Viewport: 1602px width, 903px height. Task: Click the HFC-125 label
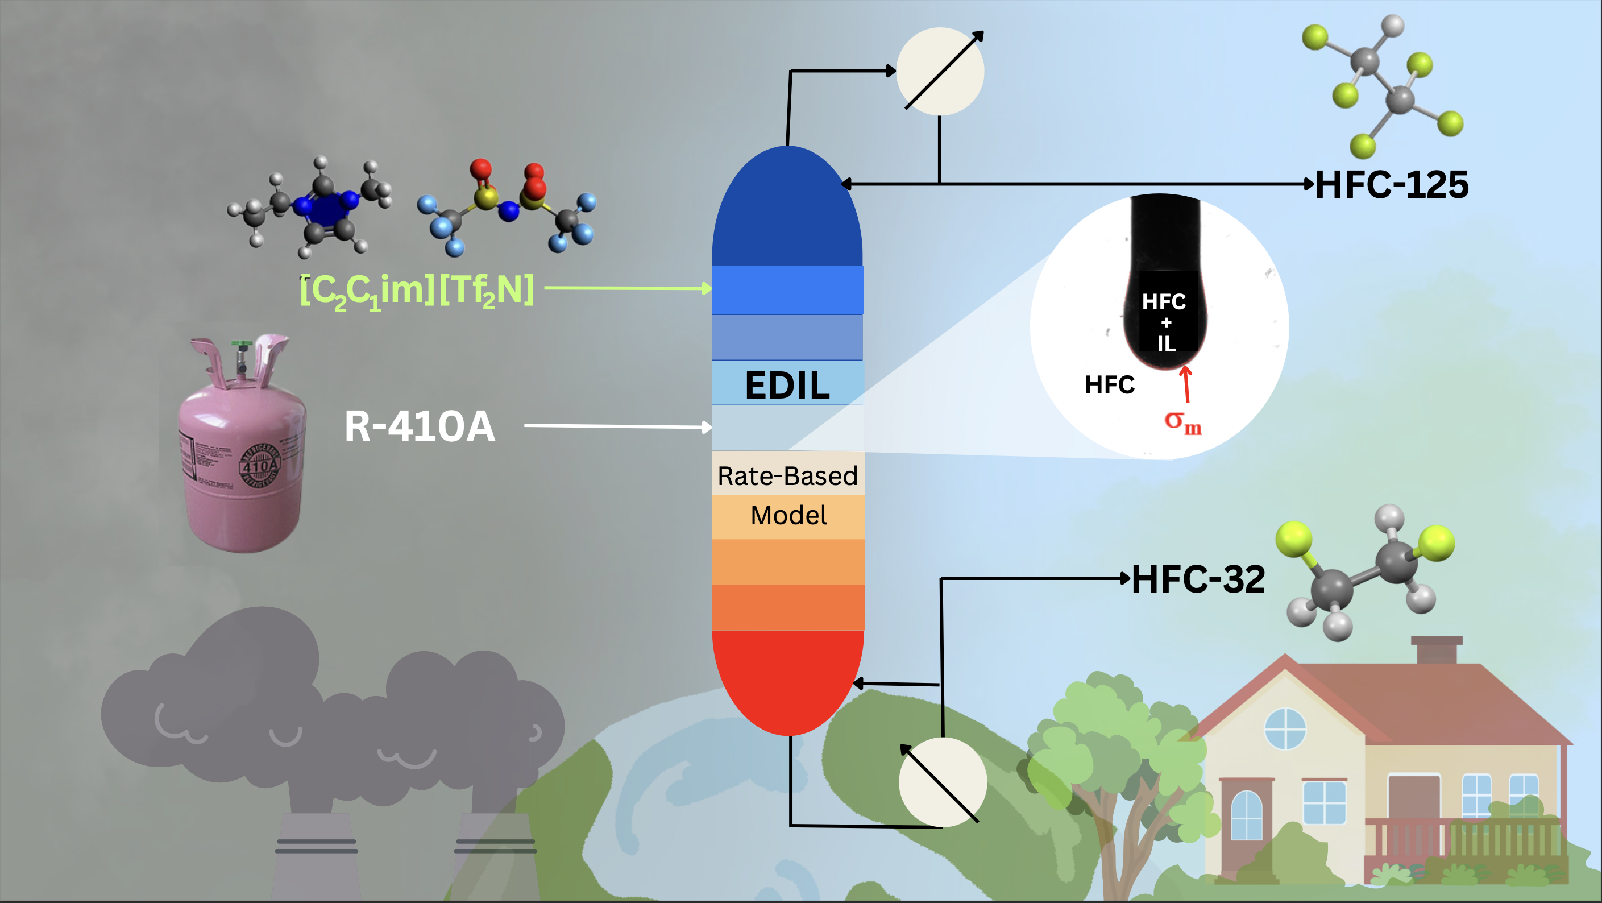click(1392, 185)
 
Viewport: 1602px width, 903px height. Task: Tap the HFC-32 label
click(1198, 579)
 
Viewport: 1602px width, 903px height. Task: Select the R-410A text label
click(420, 426)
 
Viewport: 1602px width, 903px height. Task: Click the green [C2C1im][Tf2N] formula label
click(417, 291)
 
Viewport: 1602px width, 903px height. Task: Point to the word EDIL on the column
click(787, 386)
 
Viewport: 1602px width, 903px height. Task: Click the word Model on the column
click(788, 516)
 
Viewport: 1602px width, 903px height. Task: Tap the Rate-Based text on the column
click(787, 477)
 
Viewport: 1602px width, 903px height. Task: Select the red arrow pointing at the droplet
click(1186, 384)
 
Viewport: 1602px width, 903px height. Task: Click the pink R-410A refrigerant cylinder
click(243, 460)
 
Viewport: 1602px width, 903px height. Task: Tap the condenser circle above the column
click(940, 72)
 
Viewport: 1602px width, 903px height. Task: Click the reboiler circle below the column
click(942, 782)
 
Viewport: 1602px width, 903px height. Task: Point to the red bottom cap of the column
click(788, 678)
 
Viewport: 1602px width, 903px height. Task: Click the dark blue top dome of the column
click(787, 212)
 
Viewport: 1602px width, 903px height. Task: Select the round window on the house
click(1285, 729)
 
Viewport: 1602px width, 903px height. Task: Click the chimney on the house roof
click(1437, 650)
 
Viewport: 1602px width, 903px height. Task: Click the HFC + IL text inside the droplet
click(1165, 322)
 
